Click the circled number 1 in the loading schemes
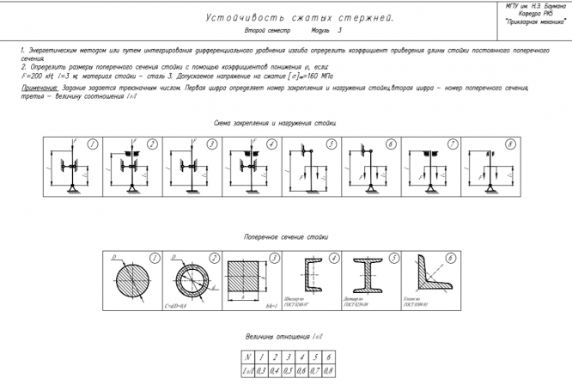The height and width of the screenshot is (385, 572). click(92, 144)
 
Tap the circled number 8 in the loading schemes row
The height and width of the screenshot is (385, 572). click(510, 144)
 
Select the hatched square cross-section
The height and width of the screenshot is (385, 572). click(250, 280)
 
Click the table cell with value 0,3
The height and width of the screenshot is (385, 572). click(260, 370)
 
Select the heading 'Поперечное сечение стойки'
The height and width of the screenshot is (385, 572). click(285, 235)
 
